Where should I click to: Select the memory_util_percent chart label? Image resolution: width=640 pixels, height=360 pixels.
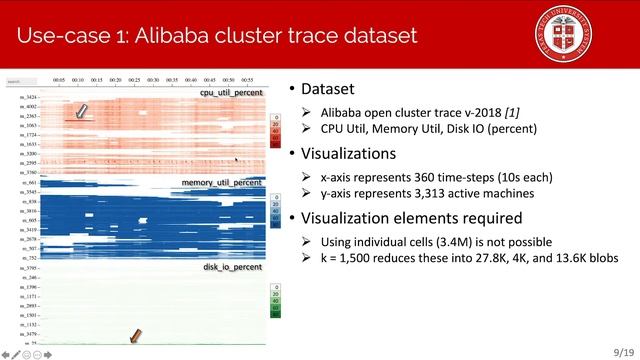pos(221,184)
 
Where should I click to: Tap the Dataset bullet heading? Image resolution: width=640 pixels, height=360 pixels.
pos(326,88)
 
